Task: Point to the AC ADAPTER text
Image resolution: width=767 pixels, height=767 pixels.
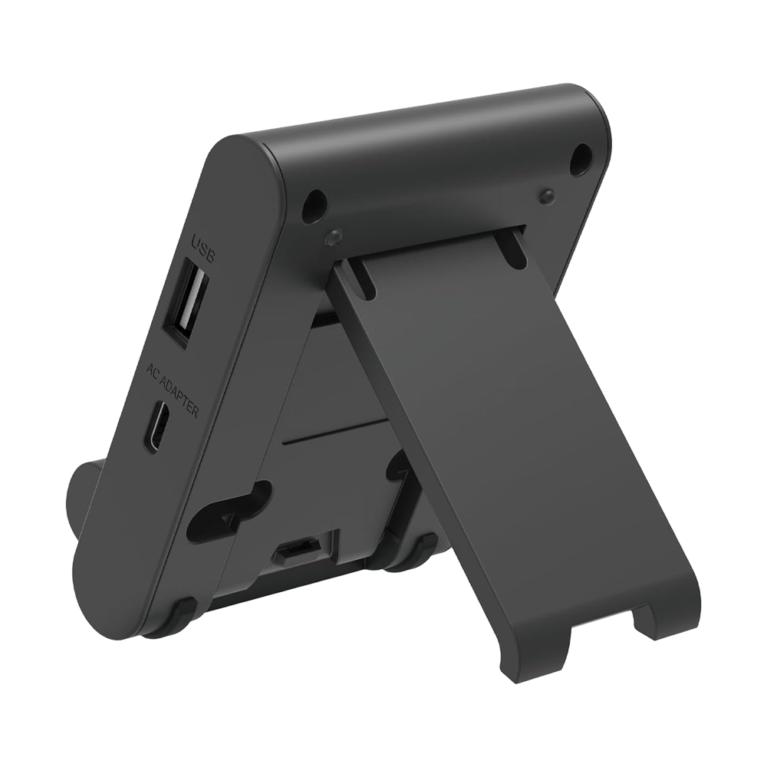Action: coord(173,390)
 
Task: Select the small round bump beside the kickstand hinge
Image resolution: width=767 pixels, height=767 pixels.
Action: coord(332,237)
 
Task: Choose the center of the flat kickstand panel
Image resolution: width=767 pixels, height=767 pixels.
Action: coord(491,445)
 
